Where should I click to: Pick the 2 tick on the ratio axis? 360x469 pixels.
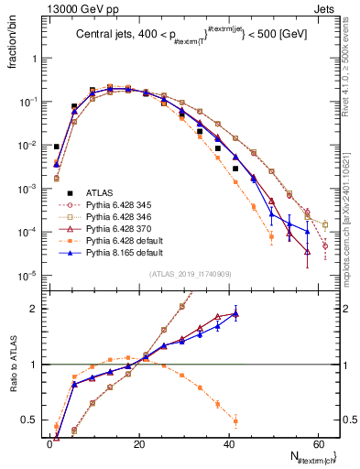(37, 309)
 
